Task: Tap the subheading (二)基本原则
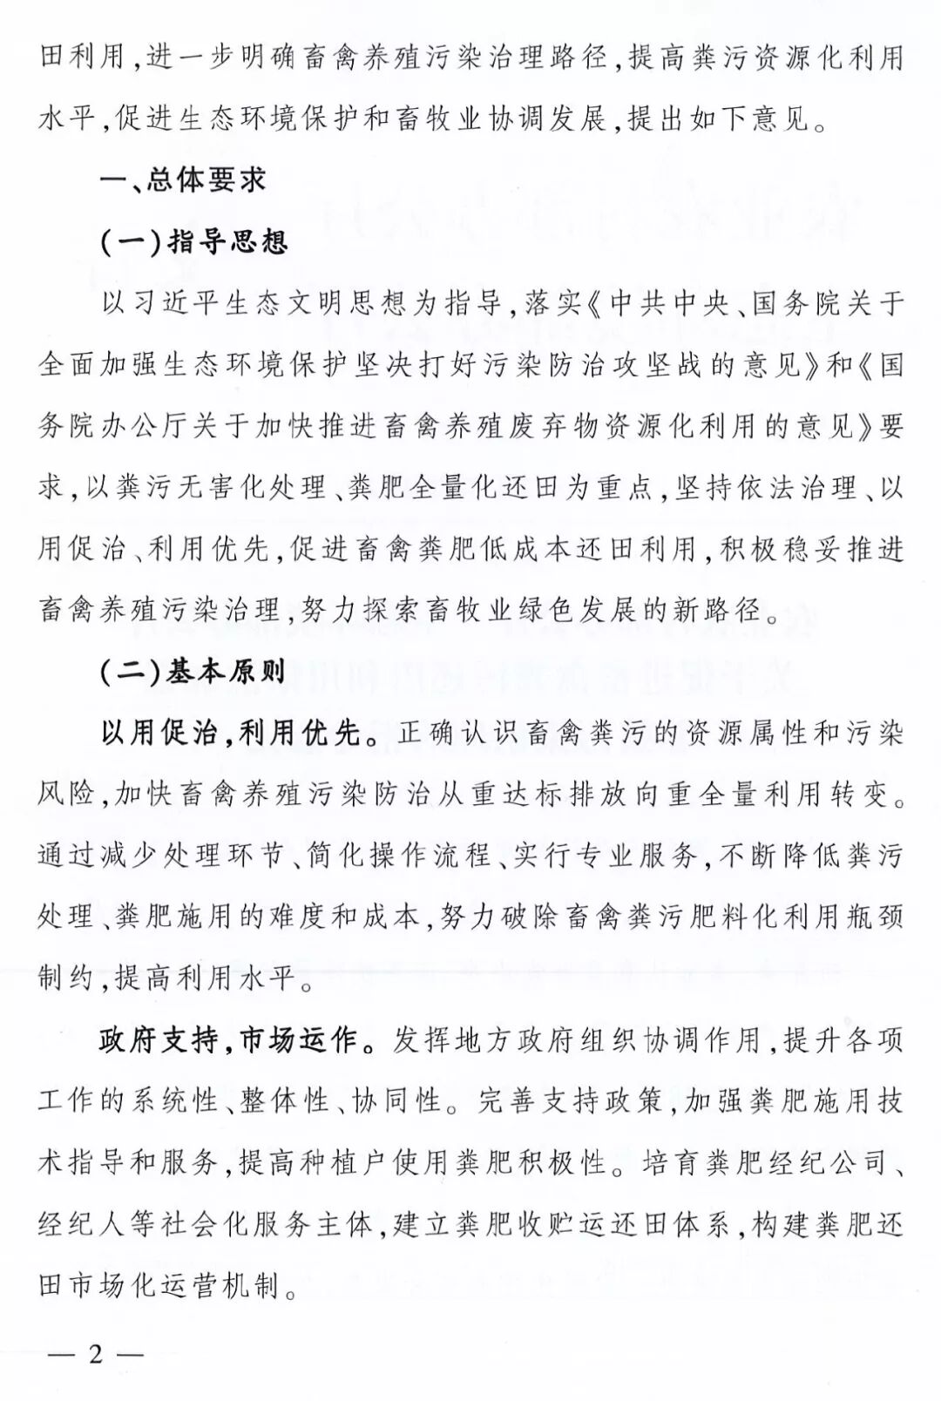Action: pos(193,671)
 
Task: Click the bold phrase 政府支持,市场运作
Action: pos(227,1040)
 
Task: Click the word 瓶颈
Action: pos(874,917)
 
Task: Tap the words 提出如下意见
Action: pos(715,118)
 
